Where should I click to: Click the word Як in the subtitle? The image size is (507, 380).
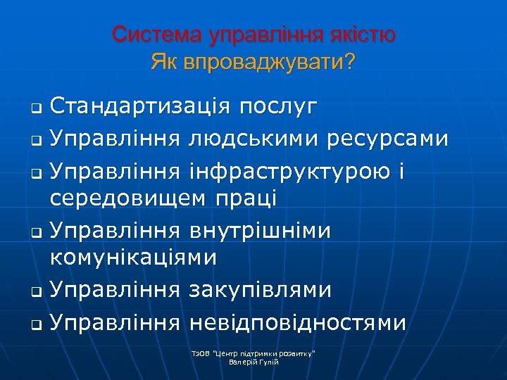165,63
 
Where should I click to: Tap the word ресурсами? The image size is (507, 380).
389,138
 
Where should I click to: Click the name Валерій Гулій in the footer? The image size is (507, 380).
254,362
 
